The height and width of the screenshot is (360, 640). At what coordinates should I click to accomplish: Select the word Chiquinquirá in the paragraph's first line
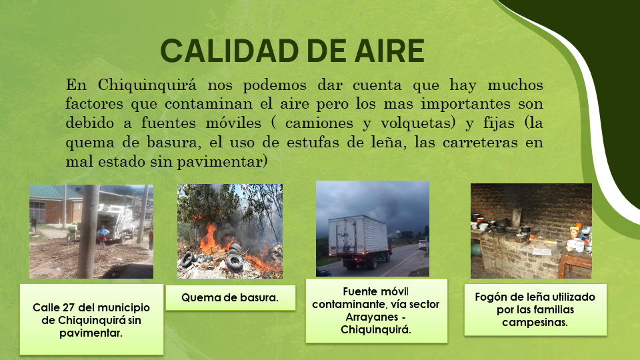pyautogui.click(x=147, y=85)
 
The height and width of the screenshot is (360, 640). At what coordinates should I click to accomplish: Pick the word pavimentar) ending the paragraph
pyautogui.click(x=222, y=162)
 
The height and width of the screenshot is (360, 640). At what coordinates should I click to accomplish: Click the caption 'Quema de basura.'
pyautogui.click(x=230, y=297)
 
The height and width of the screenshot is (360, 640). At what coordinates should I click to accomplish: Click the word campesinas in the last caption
pyautogui.click(x=535, y=323)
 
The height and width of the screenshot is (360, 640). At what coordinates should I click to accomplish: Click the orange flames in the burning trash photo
pyautogui.click(x=212, y=241)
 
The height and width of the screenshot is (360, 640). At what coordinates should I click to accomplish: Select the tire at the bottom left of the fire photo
pyautogui.click(x=187, y=259)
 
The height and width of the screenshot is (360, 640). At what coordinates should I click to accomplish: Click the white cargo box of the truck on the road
pyautogui.click(x=358, y=235)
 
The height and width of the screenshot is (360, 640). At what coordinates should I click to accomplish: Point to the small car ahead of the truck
pyautogui.click(x=423, y=245)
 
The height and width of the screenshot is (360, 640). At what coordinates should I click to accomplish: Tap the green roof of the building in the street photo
pyautogui.click(x=53, y=192)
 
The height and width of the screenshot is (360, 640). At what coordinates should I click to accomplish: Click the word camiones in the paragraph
pyautogui.click(x=319, y=123)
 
